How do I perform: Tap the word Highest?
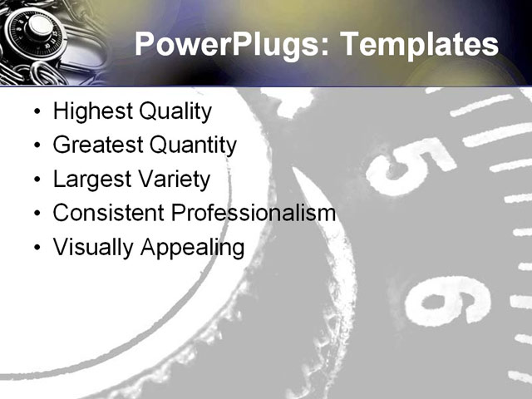click(x=89, y=112)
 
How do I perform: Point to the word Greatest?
click(x=96, y=145)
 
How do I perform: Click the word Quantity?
click(x=192, y=145)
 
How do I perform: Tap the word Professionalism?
click(x=253, y=213)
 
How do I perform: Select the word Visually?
click(x=88, y=247)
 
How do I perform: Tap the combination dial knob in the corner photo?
click(x=37, y=29)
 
